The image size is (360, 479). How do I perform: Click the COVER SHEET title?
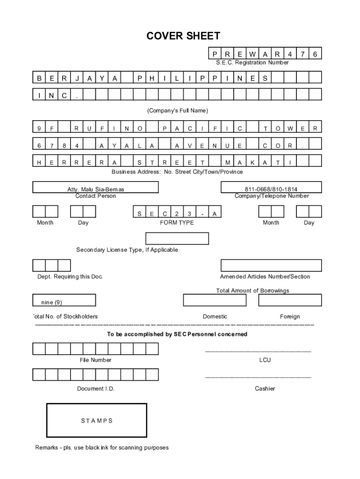pyautogui.click(x=183, y=36)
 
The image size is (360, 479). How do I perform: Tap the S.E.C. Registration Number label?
pyautogui.click(x=252, y=63)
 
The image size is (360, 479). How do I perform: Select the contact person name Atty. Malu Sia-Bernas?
pyautogui.click(x=96, y=189)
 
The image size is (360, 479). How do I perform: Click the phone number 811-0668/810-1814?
pyautogui.click(x=271, y=189)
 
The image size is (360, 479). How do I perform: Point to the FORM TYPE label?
pyautogui.click(x=177, y=223)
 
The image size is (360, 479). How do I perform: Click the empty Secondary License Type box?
pyautogui.click(x=177, y=239)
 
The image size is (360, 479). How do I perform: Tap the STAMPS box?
pyautogui.click(x=97, y=421)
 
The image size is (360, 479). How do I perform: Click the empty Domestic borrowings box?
pyautogui.click(x=215, y=300)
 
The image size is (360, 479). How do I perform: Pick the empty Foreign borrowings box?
pyautogui.click(x=290, y=300)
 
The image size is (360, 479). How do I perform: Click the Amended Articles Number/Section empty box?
pyautogui.click(x=271, y=265)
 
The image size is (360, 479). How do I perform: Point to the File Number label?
pyautogui.click(x=95, y=360)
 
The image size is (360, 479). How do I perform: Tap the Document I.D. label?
pyautogui.click(x=95, y=389)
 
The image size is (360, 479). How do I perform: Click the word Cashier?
pyautogui.click(x=265, y=389)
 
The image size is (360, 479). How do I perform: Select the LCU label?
pyautogui.click(x=265, y=360)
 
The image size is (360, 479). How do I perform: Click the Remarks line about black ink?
pyautogui.click(x=102, y=448)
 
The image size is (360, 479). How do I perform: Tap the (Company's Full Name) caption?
pyautogui.click(x=178, y=111)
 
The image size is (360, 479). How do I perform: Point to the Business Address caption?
pyautogui.click(x=177, y=172)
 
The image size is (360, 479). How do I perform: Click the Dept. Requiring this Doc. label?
pyautogui.click(x=70, y=276)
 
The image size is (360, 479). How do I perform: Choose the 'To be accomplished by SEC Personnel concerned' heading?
pyautogui.click(x=177, y=334)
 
